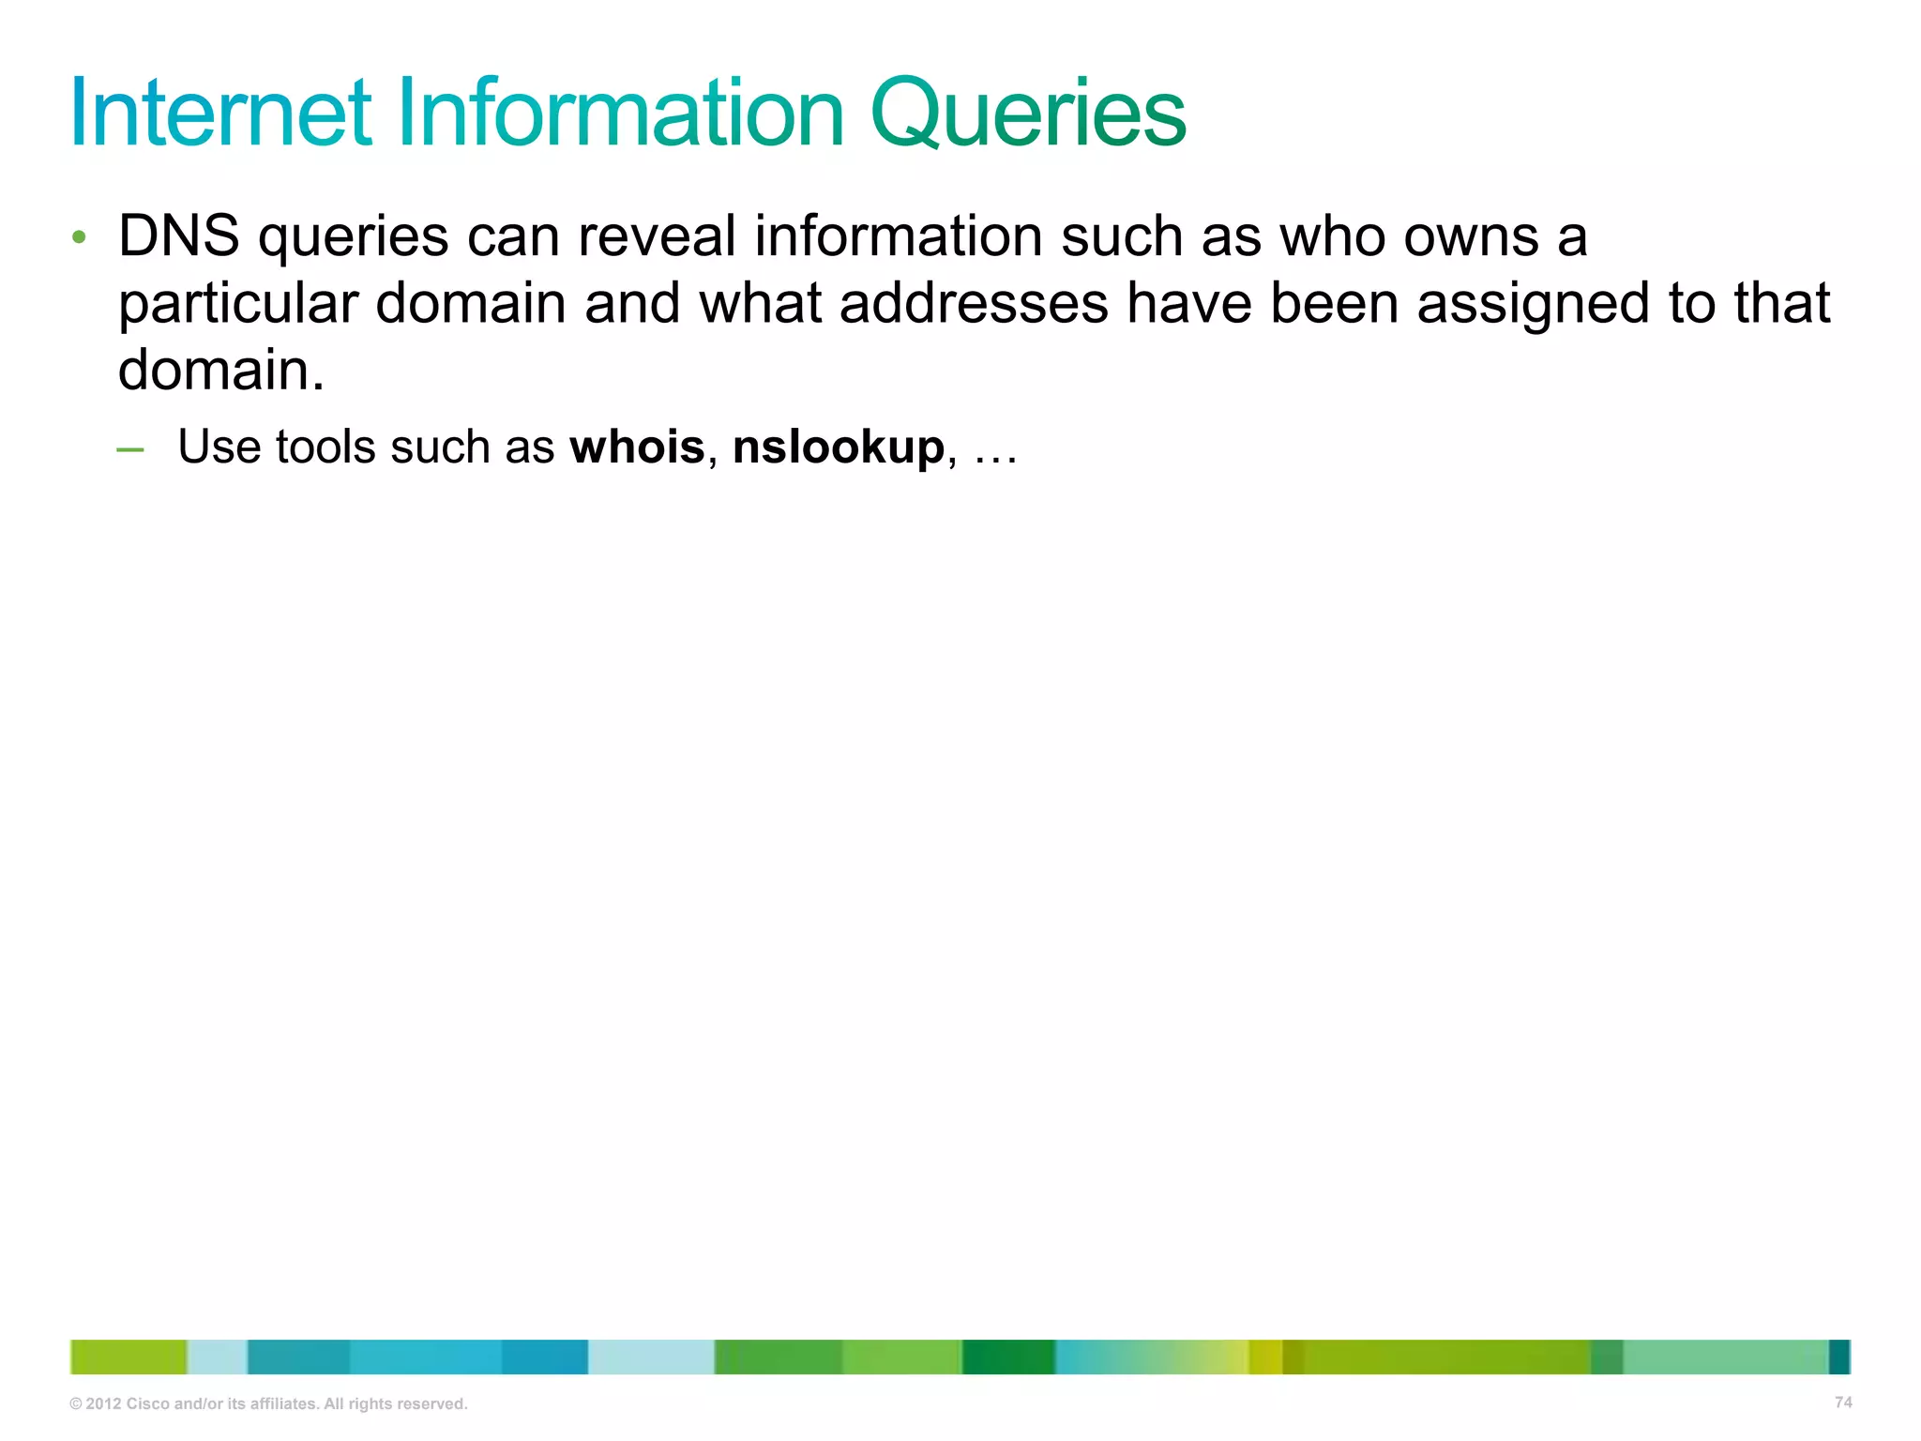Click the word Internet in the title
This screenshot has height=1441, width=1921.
(221, 114)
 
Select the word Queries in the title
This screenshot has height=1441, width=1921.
(1028, 114)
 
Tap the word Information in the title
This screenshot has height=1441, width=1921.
(621, 114)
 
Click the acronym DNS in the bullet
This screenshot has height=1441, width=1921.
(178, 235)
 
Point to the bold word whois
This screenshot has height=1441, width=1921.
(637, 447)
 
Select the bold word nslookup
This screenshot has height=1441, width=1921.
(838, 447)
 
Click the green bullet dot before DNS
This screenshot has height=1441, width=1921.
(80, 237)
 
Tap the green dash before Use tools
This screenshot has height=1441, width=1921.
(130, 450)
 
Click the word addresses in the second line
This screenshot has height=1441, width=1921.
(973, 303)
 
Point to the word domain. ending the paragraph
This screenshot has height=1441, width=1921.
(221, 371)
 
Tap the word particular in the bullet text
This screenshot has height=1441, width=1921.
(238, 303)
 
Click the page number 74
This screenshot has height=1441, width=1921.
(1843, 1403)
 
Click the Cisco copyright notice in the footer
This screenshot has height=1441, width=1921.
(268, 1403)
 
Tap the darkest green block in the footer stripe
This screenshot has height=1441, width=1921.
(1008, 1357)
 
